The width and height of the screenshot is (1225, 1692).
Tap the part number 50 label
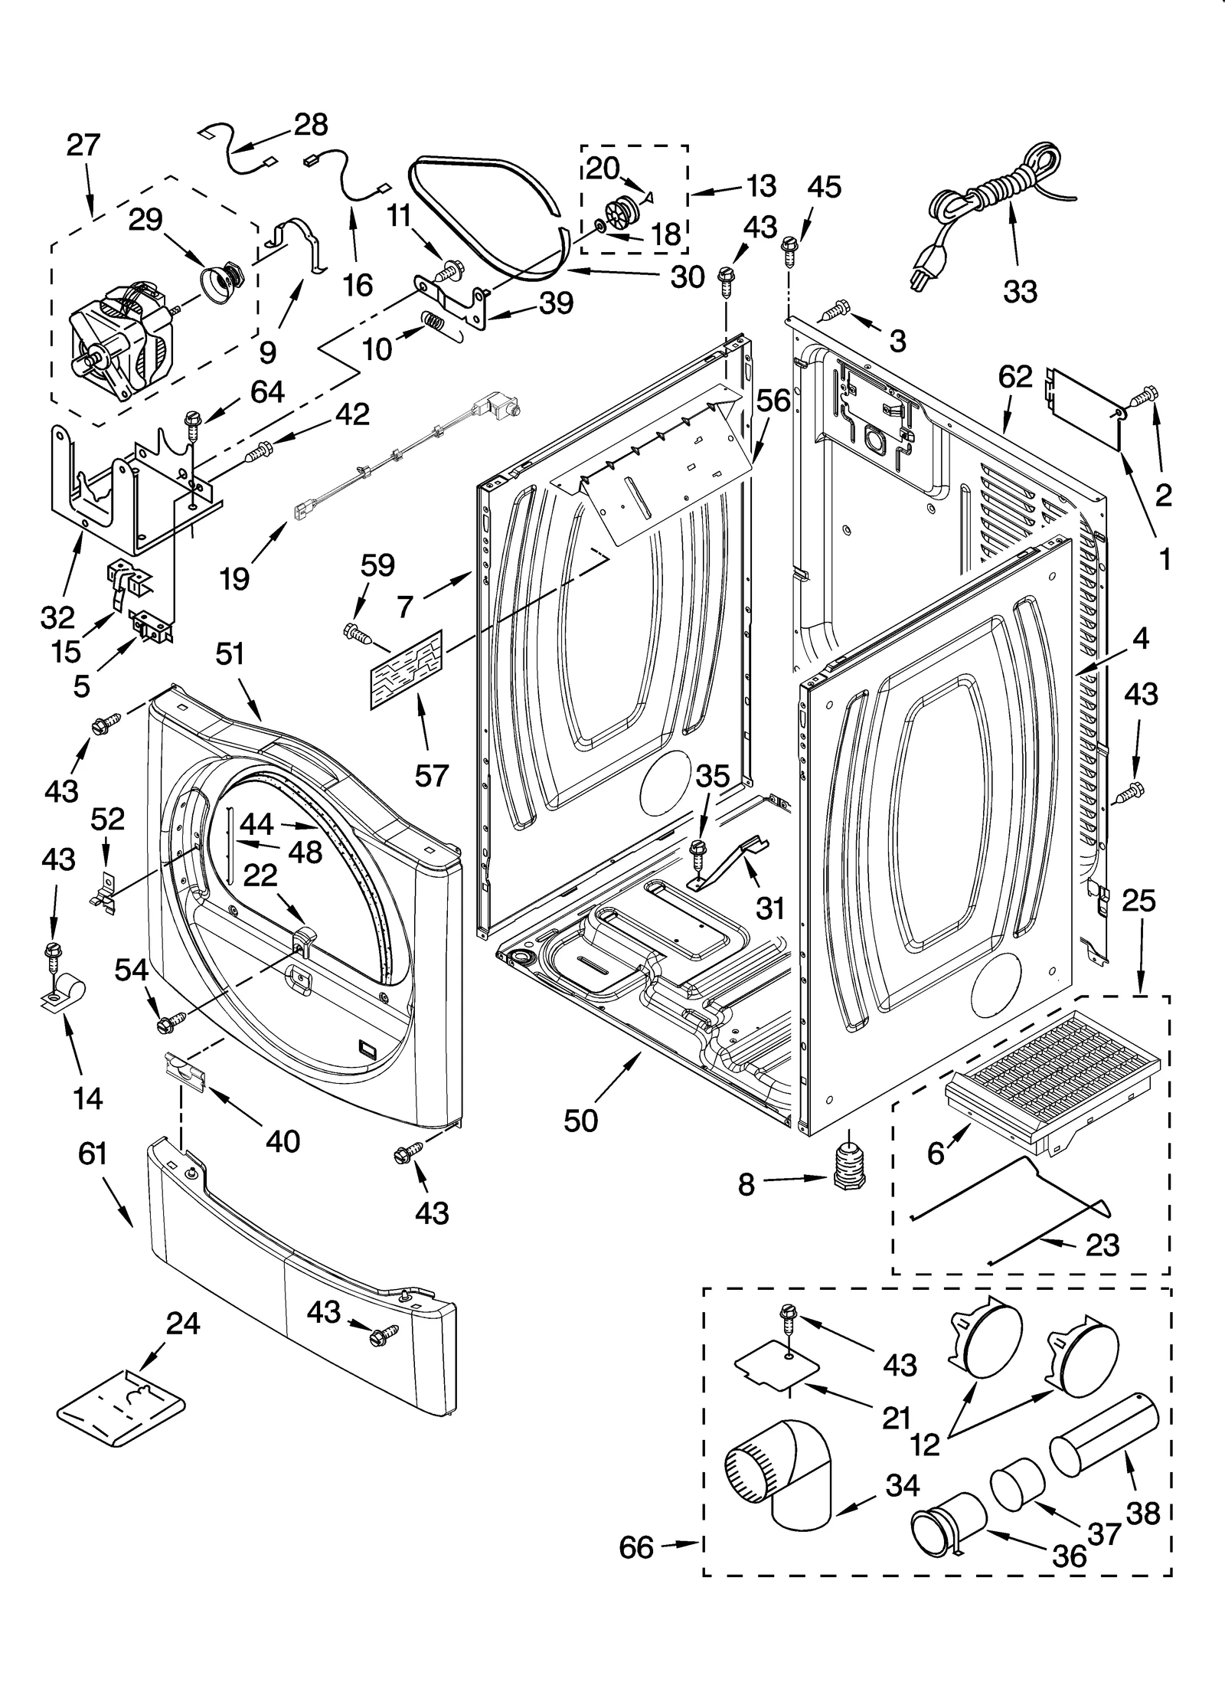tap(580, 1120)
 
